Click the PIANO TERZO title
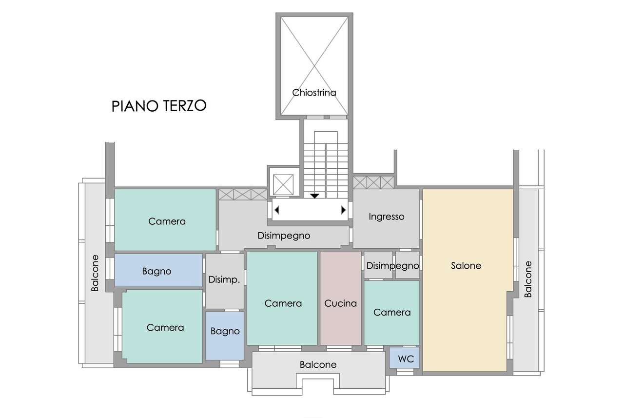tap(159, 106)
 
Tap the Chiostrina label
tap(314, 93)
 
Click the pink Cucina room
tap(340, 298)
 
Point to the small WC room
tap(404, 358)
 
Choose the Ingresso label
tap(387, 217)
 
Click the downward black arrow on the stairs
tap(314, 196)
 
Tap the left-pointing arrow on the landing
tap(277, 210)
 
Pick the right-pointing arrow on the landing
tap(344, 210)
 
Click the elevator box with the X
tap(283, 184)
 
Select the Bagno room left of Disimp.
tap(158, 270)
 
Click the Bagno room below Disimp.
tap(225, 336)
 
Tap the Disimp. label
tap(224, 279)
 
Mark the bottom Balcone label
tap(318, 364)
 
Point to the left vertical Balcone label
tap(95, 273)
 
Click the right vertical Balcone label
tap(528, 279)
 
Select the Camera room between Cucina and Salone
tap(391, 313)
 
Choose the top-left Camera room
tap(165, 220)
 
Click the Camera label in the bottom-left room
tap(165, 327)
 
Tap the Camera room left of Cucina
tap(282, 298)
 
